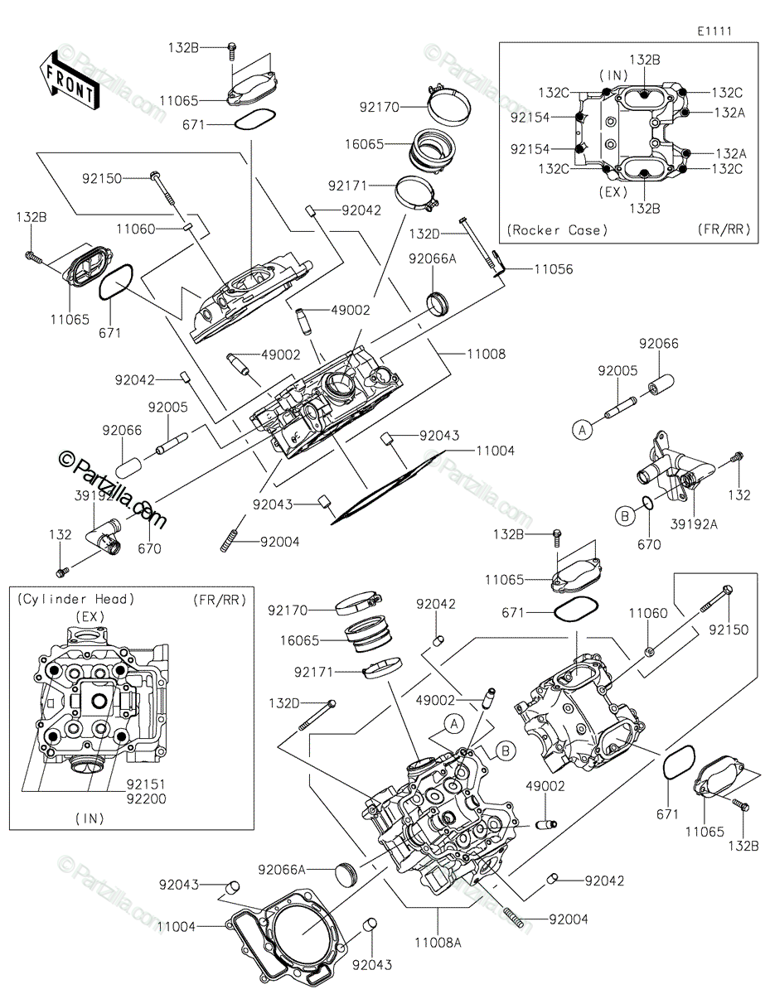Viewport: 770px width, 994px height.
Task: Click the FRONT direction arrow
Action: (69, 80)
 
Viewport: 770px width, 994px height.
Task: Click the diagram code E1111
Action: (714, 31)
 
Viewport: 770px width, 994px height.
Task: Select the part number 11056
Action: (553, 269)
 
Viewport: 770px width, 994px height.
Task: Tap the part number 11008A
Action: (438, 943)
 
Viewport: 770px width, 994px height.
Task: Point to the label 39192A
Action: (694, 524)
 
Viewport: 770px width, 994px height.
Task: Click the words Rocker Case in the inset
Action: (557, 229)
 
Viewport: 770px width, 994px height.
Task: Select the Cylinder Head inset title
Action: (76, 599)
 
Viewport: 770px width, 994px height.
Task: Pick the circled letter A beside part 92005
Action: (583, 430)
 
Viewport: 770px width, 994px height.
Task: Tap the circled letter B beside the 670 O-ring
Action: (624, 516)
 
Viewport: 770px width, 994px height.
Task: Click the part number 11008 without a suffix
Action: (486, 354)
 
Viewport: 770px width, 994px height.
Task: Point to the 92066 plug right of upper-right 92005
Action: (661, 384)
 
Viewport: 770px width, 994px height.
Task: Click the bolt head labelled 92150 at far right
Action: (727, 590)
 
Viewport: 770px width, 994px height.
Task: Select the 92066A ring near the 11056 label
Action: (438, 303)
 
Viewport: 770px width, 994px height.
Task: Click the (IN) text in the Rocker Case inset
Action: (613, 75)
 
